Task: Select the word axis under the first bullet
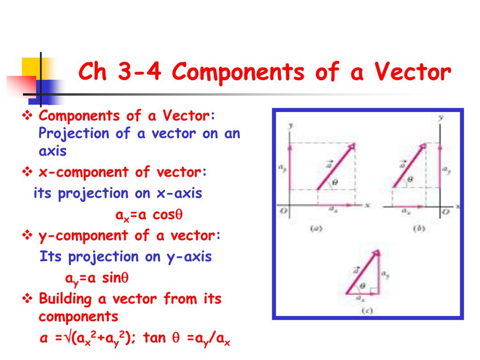click(52, 151)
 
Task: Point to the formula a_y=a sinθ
click(97, 278)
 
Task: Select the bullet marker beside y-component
click(27, 235)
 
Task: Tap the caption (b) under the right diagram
click(417, 229)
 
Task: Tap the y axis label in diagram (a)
click(291, 125)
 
